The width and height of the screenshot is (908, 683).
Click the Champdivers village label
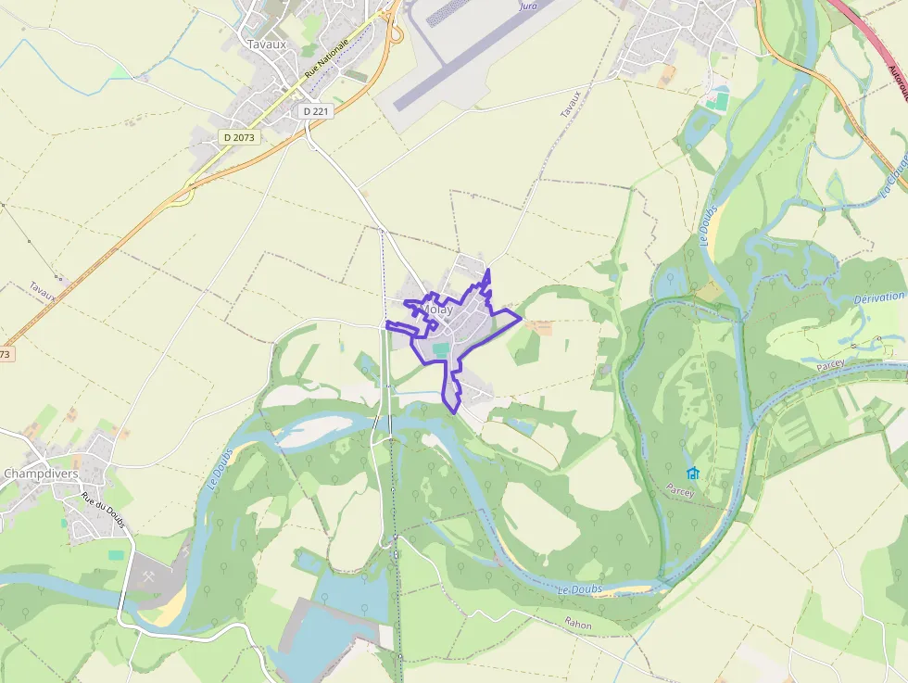coord(40,474)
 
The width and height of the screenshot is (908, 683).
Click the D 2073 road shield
coord(239,137)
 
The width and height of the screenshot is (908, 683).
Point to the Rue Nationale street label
coord(327,58)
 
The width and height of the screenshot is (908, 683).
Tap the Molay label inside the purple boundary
coord(436,310)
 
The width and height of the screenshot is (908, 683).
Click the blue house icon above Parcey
coord(693,474)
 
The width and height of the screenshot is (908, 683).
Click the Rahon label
coord(578,624)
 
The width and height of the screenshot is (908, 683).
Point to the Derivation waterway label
coord(879,297)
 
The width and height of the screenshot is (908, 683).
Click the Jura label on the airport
coord(528,6)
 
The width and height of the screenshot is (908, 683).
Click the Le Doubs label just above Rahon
coord(580,589)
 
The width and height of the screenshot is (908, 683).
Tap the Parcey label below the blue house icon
coord(680,492)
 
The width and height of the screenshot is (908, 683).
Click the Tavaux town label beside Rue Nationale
coord(267,43)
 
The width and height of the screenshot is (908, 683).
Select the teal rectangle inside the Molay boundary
coord(441,349)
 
